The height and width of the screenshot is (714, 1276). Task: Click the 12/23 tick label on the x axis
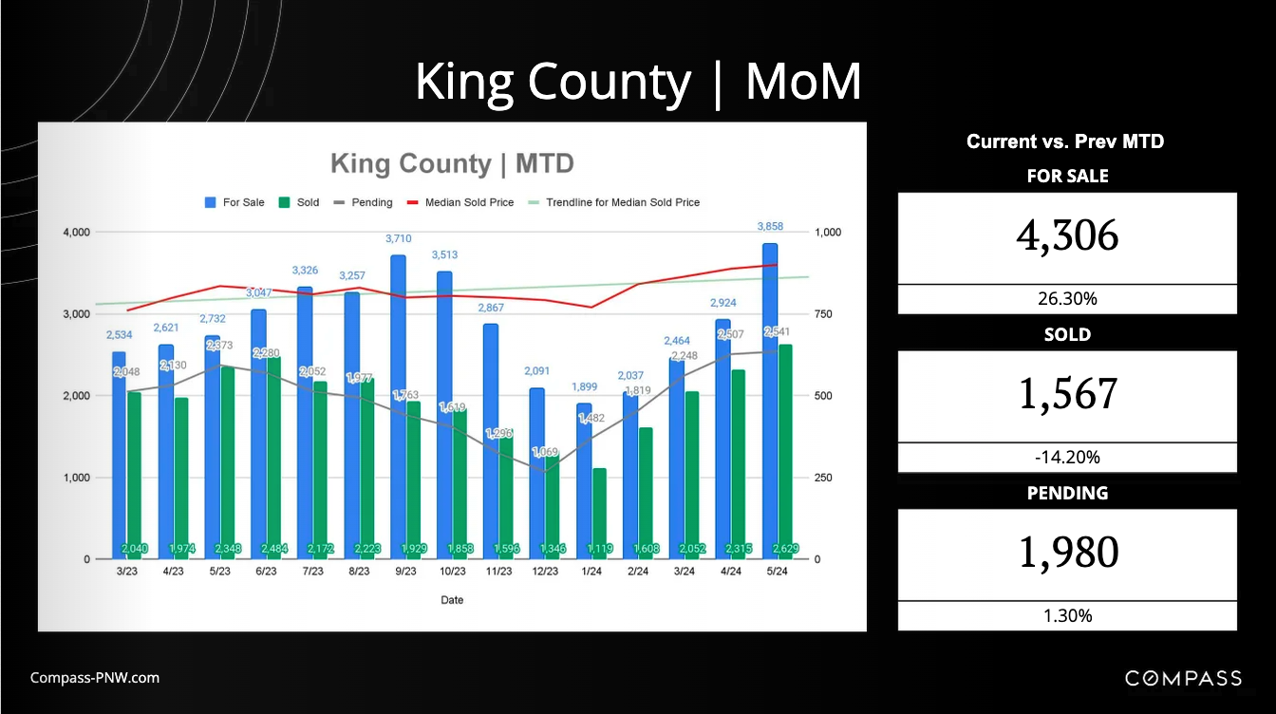pyautogui.click(x=544, y=572)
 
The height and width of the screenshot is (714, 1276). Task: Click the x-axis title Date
pyautogui.click(x=452, y=600)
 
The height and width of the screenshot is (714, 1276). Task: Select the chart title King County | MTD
pyautogui.click(x=452, y=163)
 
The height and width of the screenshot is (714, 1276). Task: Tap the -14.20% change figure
pyautogui.click(x=1067, y=458)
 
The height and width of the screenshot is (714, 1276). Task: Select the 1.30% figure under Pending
pyautogui.click(x=1067, y=615)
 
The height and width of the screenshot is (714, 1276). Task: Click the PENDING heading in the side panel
pyautogui.click(x=1067, y=493)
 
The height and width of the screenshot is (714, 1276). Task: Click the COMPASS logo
pyautogui.click(x=1183, y=678)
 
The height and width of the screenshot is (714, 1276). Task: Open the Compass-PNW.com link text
pyautogui.click(x=95, y=678)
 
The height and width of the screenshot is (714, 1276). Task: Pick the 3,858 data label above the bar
pyautogui.click(x=769, y=226)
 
